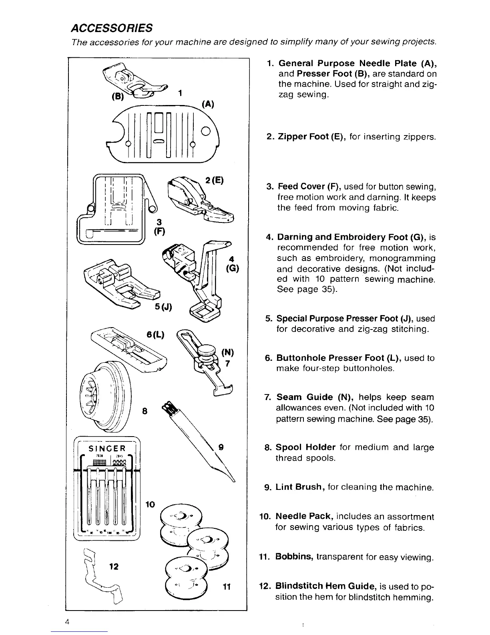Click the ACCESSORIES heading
tap(111, 28)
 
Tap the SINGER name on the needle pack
tap(106, 448)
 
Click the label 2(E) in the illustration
tap(214, 180)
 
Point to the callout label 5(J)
tap(163, 307)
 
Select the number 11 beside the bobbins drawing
tap(226, 587)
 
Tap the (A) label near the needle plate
tap(207, 105)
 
